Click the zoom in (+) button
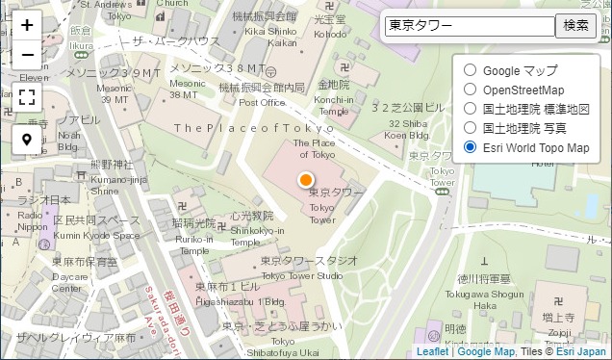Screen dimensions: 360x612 pos(27,26)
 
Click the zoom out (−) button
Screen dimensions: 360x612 pos(27,55)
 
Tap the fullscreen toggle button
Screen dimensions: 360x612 pos(27,97)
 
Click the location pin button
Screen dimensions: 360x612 pos(27,140)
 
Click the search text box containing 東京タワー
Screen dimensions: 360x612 pos(470,26)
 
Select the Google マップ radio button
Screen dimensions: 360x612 pos(470,70)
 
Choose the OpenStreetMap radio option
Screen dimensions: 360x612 pos(470,90)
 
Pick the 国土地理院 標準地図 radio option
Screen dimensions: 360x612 pos(470,109)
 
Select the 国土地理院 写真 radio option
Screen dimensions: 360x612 pos(470,127)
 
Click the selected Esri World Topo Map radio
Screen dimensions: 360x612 pos(470,147)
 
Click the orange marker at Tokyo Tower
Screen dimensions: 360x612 pos(306,180)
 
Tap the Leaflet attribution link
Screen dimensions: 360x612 pos(433,352)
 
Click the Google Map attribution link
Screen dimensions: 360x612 pos(486,352)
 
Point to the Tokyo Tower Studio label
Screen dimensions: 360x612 pos(302,269)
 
